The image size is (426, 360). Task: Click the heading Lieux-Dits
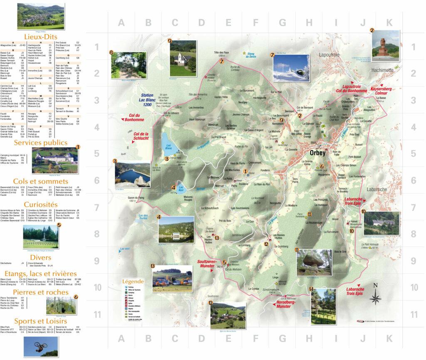[x=40, y=37]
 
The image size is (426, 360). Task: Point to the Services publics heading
[x=40, y=143]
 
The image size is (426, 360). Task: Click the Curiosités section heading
[x=40, y=205]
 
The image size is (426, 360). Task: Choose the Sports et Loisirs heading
[x=40, y=321]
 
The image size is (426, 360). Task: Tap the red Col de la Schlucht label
[x=141, y=137]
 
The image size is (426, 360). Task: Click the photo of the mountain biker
[x=40, y=346]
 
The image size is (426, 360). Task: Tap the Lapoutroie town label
[x=331, y=55]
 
